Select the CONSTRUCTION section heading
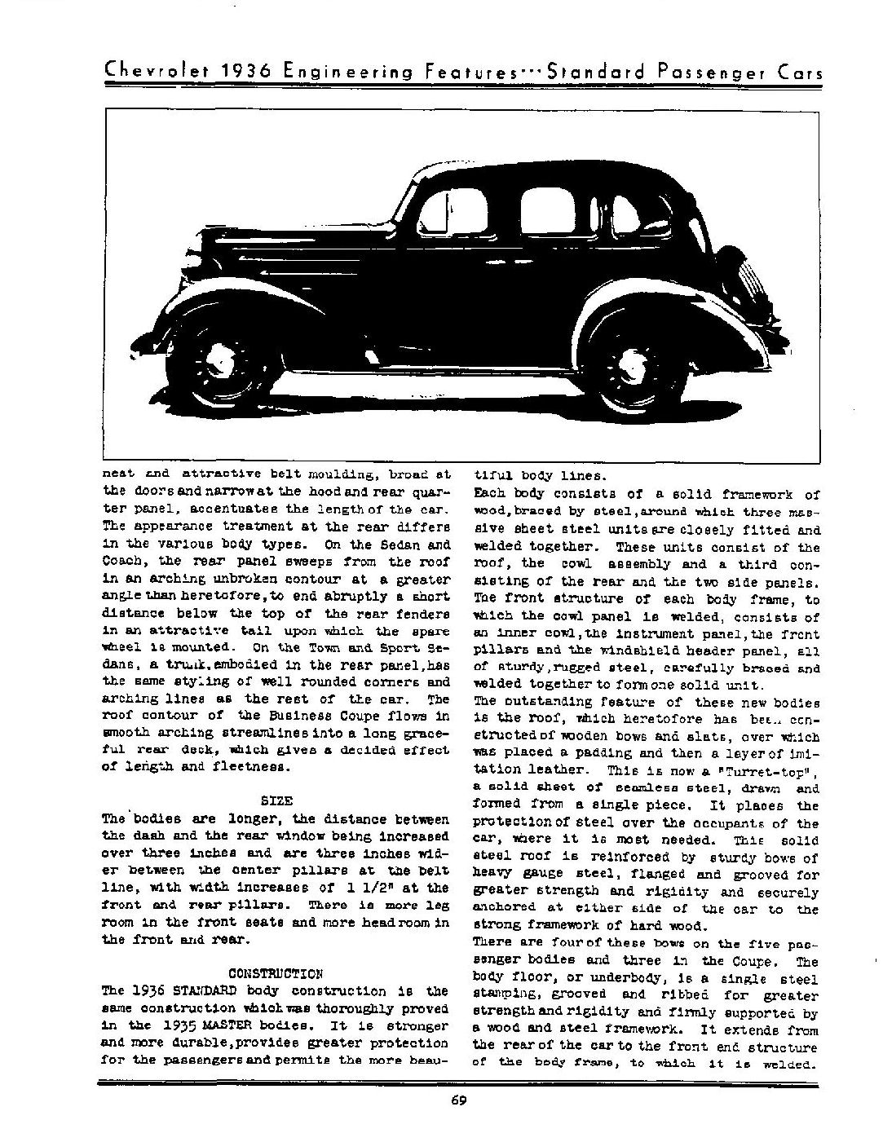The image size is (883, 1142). pos(276,973)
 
